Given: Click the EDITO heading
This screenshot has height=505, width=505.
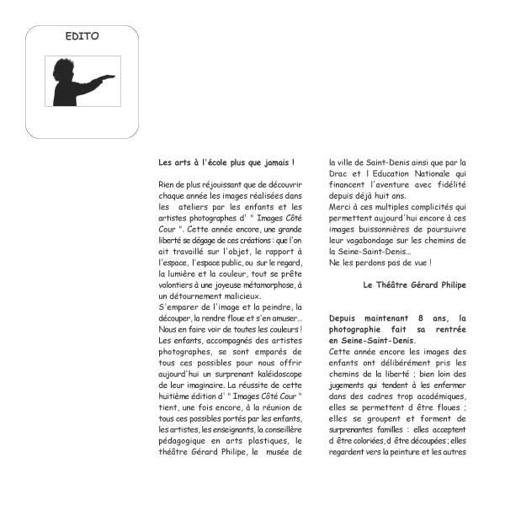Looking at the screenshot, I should tap(82, 36).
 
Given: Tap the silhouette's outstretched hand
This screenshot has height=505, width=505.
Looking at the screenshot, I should tap(107, 77).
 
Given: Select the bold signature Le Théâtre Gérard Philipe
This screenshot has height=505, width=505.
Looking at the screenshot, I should tap(414, 284).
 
